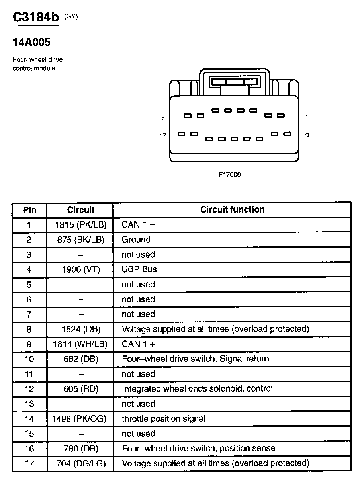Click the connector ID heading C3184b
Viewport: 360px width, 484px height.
click(x=36, y=17)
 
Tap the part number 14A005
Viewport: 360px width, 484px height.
click(x=31, y=42)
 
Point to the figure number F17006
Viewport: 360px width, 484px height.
click(x=229, y=175)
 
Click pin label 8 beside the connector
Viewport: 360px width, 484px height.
click(x=162, y=117)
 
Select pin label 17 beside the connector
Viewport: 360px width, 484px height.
click(x=162, y=135)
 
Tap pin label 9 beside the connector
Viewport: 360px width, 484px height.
click(x=307, y=135)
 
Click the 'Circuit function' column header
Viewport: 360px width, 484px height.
click(x=232, y=209)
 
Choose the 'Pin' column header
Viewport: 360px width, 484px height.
click(x=29, y=210)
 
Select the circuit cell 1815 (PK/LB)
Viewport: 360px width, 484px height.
click(x=81, y=225)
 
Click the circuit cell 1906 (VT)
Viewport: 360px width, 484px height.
click(x=81, y=269)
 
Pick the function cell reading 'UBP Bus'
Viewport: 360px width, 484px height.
click(x=139, y=269)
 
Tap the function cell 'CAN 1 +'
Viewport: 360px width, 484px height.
click(x=138, y=344)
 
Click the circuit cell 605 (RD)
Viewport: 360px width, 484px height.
click(x=81, y=389)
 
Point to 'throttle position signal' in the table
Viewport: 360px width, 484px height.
click(x=164, y=419)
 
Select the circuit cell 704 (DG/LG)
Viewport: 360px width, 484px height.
click(x=81, y=463)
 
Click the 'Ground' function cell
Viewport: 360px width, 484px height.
click(x=136, y=240)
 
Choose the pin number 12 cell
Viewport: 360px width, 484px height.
click(x=29, y=389)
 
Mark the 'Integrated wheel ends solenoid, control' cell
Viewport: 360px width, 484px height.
click(x=197, y=389)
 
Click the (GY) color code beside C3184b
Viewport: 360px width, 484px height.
click(x=71, y=16)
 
